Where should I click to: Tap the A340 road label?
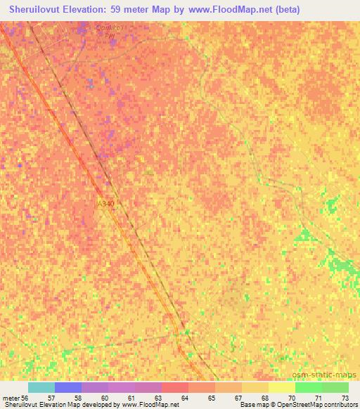(105, 203)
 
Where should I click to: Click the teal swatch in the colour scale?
(41, 387)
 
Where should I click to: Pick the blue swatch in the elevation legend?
(68, 387)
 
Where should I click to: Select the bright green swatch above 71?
(308, 387)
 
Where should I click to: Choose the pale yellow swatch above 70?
(281, 387)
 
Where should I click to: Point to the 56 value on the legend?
(25, 398)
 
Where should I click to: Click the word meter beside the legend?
(11, 398)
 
